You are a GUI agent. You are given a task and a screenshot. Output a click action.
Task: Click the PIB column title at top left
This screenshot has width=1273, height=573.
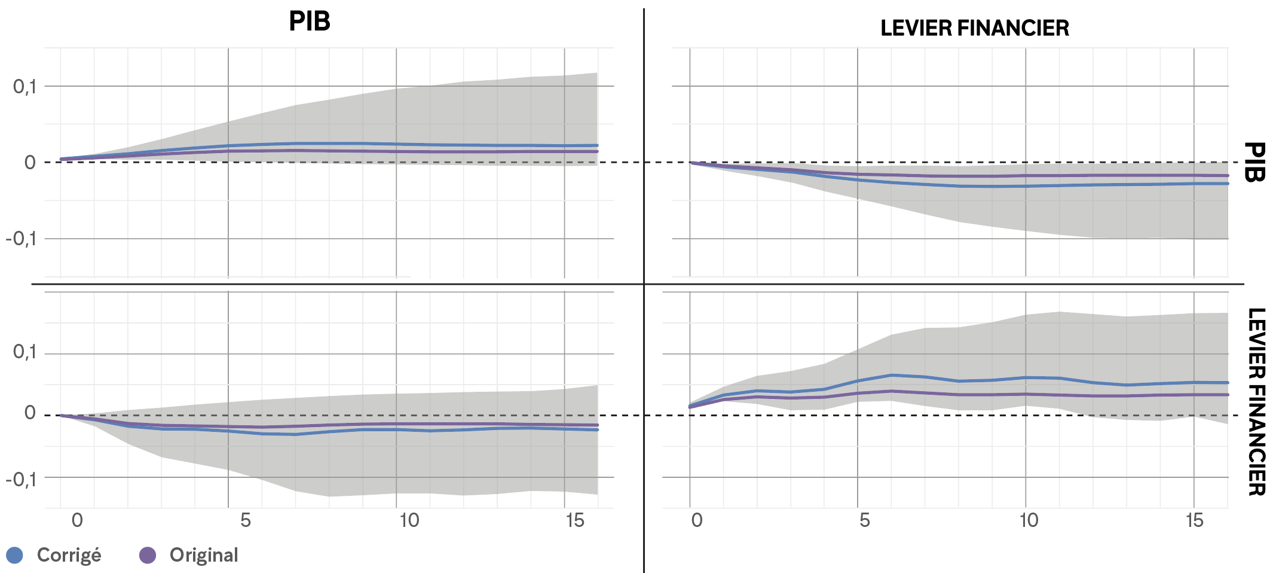tap(310, 22)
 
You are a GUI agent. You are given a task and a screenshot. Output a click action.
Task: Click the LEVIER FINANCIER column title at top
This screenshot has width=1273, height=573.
tap(974, 28)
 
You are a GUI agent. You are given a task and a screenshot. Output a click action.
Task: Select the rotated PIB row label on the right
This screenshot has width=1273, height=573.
tap(1254, 162)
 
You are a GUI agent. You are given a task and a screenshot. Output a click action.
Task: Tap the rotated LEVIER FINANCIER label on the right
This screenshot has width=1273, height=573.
tap(1256, 402)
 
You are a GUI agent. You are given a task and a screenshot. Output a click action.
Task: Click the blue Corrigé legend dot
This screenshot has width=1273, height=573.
tap(14, 555)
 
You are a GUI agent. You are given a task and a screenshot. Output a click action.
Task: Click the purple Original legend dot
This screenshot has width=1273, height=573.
tap(147, 555)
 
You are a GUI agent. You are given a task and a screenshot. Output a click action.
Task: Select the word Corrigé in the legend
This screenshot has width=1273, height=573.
tap(69, 556)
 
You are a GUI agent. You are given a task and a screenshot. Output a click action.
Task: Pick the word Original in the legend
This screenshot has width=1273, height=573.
tap(204, 555)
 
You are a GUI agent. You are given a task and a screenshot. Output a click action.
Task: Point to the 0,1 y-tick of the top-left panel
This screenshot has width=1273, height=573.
tap(25, 87)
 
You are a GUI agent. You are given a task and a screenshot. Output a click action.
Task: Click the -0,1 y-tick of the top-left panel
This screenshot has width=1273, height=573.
tap(22, 239)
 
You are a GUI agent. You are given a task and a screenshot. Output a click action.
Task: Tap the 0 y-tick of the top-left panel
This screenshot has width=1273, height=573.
tap(30, 163)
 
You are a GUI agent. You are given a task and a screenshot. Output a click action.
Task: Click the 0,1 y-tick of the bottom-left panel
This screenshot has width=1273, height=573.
tap(25, 352)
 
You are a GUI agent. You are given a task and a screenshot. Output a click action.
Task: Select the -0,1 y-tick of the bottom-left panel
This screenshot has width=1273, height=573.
tap(22, 479)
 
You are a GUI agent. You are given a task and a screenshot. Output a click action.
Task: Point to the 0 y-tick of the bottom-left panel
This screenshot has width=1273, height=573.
tap(30, 413)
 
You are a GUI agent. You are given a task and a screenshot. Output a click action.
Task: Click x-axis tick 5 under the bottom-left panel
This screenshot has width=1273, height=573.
tap(246, 520)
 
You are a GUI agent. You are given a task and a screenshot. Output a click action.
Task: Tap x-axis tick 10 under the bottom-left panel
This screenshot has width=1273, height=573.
tap(409, 520)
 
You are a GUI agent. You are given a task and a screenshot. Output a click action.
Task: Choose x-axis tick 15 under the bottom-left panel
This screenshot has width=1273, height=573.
tap(575, 520)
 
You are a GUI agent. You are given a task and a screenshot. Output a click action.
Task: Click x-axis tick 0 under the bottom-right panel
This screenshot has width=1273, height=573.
tap(697, 520)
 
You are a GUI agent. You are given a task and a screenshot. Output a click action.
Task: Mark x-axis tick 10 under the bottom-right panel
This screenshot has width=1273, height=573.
tap(1029, 520)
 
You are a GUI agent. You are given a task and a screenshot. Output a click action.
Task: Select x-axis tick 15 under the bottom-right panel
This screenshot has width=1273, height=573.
tap(1195, 520)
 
